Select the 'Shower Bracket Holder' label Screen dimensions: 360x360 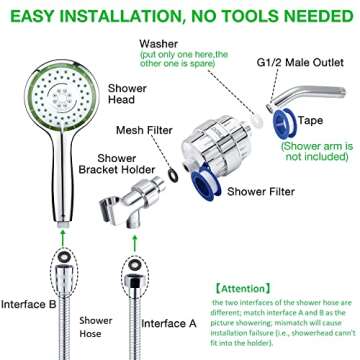click(125, 166)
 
